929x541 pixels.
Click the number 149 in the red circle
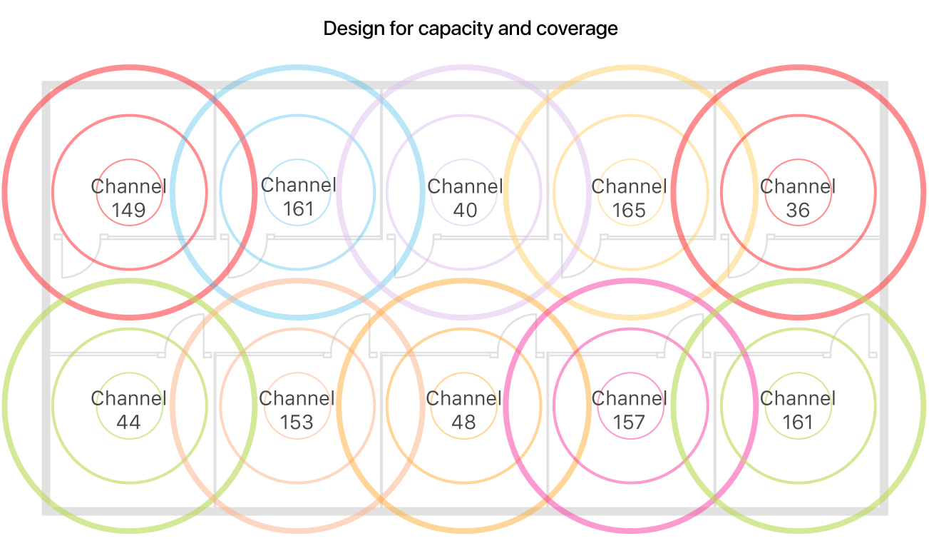[128, 211]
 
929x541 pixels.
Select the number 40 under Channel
[463, 211]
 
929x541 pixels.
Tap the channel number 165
[629, 211]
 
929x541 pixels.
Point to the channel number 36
[797, 211]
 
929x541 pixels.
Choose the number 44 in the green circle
[128, 423]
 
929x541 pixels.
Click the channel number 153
[297, 423]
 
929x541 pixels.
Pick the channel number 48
[463, 423]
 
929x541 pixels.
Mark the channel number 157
[629, 423]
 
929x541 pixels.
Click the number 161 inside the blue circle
[298, 209]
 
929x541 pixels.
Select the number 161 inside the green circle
[797, 423]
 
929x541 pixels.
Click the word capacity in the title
[452, 29]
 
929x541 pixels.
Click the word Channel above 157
[629, 398]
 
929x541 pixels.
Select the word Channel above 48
[463, 398]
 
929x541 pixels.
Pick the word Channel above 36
[797, 187]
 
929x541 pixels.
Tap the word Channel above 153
[297, 398]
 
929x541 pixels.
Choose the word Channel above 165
[629, 187]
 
